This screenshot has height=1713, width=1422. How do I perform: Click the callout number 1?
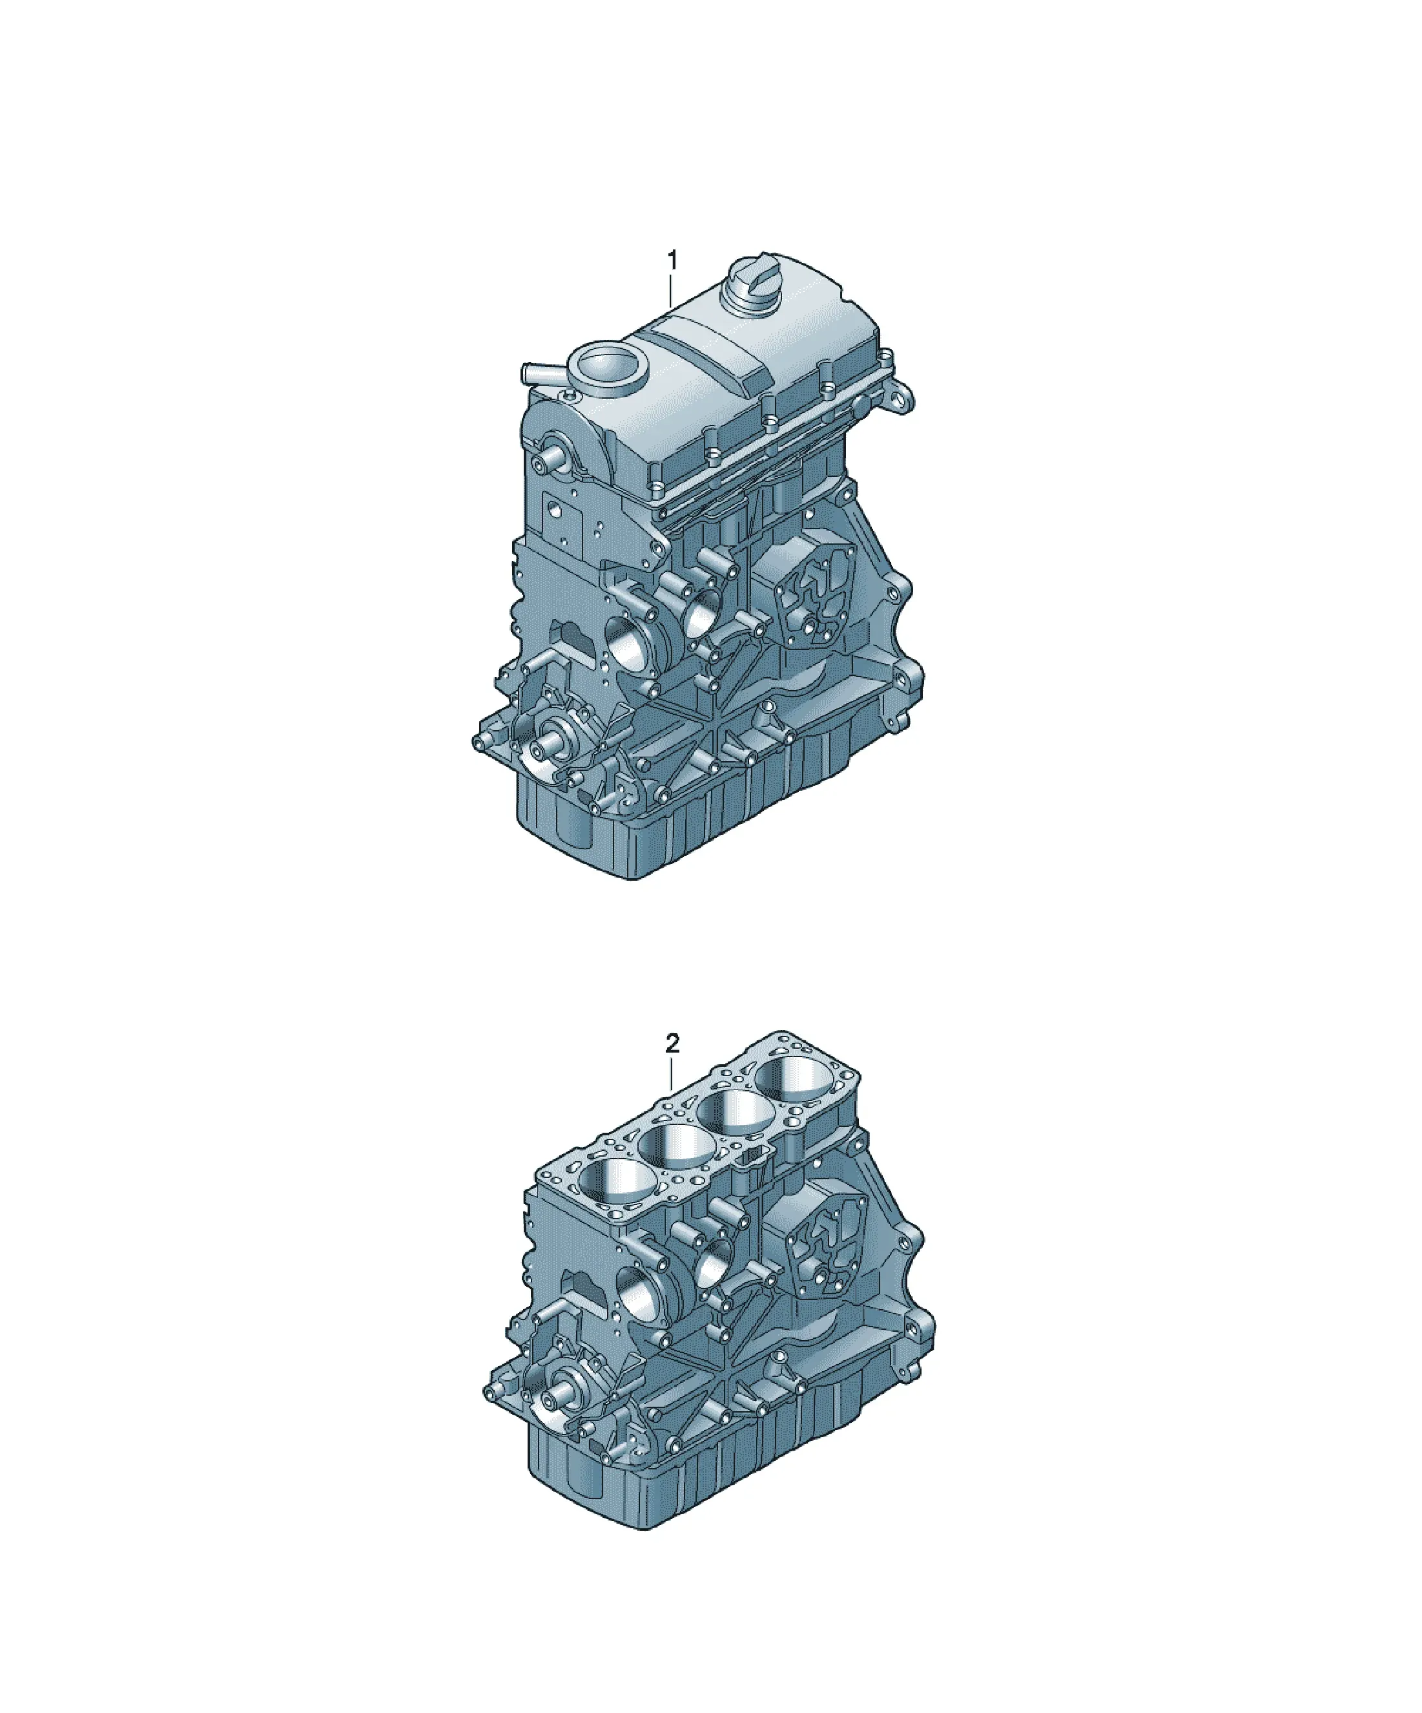click(672, 261)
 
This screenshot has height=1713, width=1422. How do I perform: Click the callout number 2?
click(672, 1044)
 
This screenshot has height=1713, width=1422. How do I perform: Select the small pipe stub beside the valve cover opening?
click(538, 374)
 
